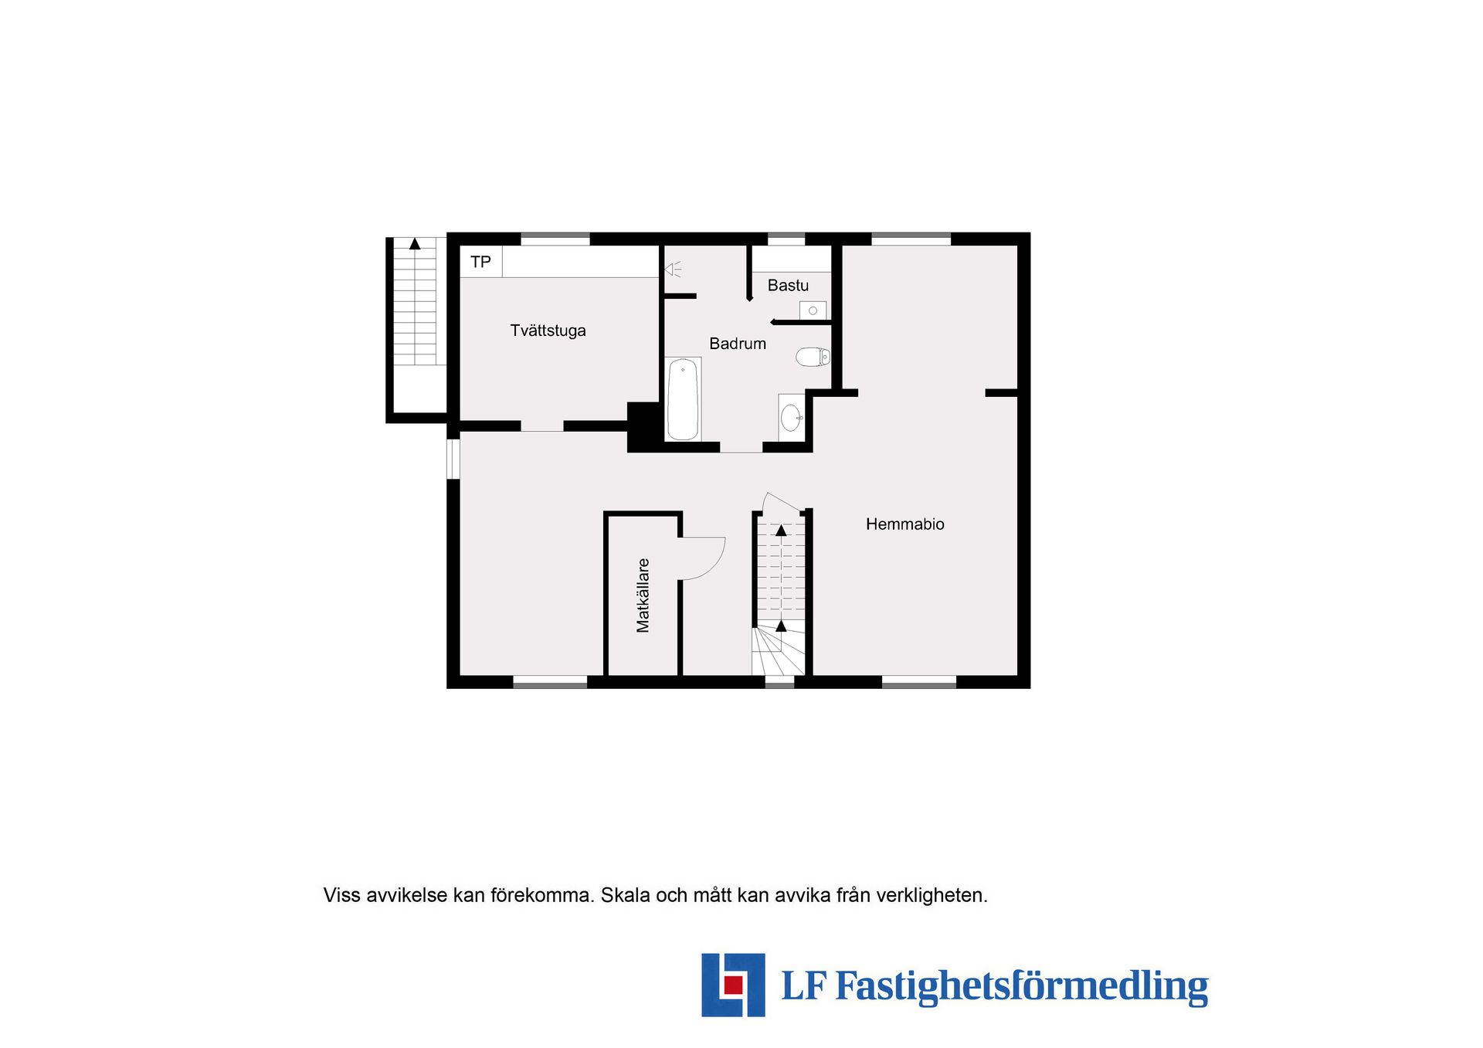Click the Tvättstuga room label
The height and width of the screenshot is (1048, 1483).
pyautogui.click(x=548, y=331)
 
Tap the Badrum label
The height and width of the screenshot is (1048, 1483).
pyautogui.click(x=738, y=344)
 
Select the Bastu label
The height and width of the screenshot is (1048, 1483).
pyautogui.click(x=788, y=286)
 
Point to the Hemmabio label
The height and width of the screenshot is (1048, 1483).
pyautogui.click(x=904, y=524)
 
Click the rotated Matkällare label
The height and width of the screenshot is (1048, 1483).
pyautogui.click(x=643, y=595)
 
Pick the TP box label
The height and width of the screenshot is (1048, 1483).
pyautogui.click(x=480, y=262)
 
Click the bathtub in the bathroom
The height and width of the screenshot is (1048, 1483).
pyautogui.click(x=683, y=399)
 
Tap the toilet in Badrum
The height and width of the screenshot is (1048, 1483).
pyautogui.click(x=813, y=357)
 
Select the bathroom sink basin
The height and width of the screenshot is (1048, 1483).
pyautogui.click(x=791, y=418)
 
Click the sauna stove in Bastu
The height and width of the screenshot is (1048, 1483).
pyautogui.click(x=813, y=310)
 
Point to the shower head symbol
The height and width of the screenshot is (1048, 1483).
pyautogui.click(x=673, y=270)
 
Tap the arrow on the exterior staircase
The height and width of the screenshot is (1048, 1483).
pyautogui.click(x=415, y=243)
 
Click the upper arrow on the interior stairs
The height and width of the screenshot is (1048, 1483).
pyautogui.click(x=781, y=531)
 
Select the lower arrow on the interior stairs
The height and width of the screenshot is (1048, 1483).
pyautogui.click(x=781, y=626)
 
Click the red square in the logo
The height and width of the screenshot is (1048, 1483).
pyautogui.click(x=733, y=985)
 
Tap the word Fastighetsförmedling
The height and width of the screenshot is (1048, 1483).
pyautogui.click(x=1021, y=987)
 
